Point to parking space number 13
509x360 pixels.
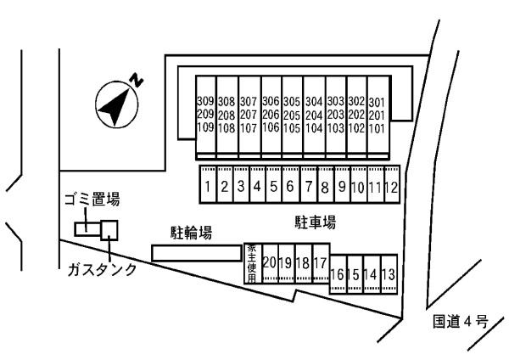389,275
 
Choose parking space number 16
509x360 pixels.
338,275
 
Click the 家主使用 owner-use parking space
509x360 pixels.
252,262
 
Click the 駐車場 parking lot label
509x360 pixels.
316,222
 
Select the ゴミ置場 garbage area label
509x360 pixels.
92,200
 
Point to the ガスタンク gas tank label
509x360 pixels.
102,270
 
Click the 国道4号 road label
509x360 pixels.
457,321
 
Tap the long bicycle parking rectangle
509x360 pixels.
195,253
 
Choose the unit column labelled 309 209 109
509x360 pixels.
205,115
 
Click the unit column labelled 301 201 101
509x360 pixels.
378,115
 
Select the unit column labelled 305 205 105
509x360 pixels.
292,115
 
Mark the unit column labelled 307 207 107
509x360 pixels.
249,115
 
